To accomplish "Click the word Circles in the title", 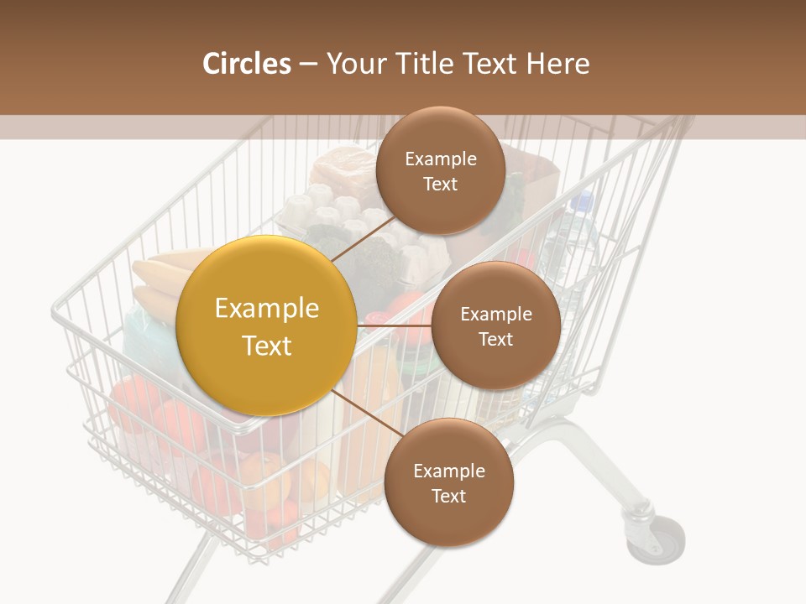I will pyautogui.click(x=246, y=64).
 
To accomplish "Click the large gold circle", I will pyautogui.click(x=267, y=325).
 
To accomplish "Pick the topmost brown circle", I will pyautogui.click(x=440, y=170).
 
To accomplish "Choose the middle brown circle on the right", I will pyautogui.click(x=495, y=325).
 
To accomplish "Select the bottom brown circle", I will pyautogui.click(x=448, y=482).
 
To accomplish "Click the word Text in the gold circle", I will pyautogui.click(x=267, y=346).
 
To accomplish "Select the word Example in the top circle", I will pyautogui.click(x=440, y=159).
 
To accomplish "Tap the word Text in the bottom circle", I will pyautogui.click(x=448, y=496).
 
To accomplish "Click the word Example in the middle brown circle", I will pyautogui.click(x=495, y=315).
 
